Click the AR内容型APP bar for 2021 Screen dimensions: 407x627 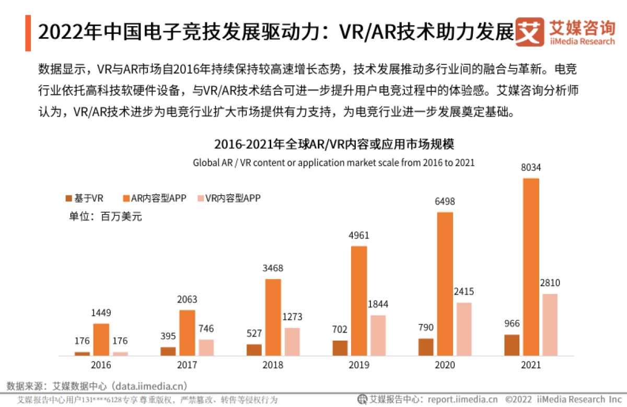(531, 267)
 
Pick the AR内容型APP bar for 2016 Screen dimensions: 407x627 (101, 340)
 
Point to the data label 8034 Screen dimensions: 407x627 (531, 168)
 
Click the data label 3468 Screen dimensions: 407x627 (274, 268)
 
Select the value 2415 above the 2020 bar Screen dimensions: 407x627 (463, 292)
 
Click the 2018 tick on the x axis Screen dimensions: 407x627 (273, 365)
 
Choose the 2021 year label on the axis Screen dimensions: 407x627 (531, 365)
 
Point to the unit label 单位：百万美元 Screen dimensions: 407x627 (105, 216)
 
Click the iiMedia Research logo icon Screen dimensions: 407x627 (529, 31)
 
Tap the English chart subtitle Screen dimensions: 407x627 (333, 162)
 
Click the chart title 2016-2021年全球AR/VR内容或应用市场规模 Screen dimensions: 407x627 (333, 144)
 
